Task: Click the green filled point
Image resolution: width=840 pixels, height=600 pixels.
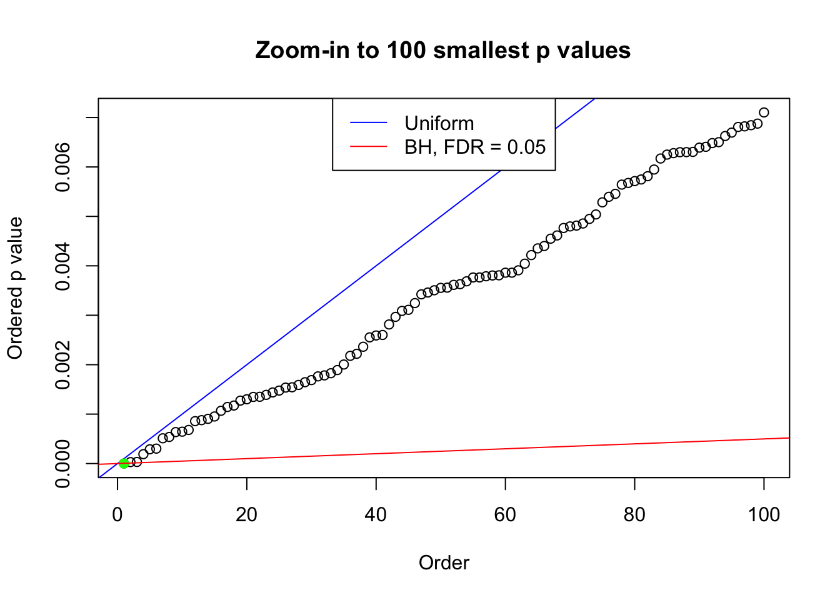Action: [124, 463]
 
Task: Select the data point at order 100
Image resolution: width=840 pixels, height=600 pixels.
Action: [764, 112]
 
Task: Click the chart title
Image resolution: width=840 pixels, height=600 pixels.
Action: [443, 50]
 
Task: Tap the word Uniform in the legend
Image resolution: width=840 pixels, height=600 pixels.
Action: [439, 123]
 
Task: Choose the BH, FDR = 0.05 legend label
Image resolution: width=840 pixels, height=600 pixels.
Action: [475, 147]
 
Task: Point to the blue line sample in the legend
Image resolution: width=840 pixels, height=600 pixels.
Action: [369, 123]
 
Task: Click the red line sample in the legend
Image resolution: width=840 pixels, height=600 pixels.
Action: [369, 147]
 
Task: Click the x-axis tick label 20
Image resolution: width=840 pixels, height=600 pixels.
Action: [247, 514]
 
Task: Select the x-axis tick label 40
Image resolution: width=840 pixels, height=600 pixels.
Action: [376, 514]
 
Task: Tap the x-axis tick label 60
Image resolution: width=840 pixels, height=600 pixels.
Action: [505, 514]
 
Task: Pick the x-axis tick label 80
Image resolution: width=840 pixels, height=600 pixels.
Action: [634, 514]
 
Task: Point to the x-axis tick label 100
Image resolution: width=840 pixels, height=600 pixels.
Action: [764, 514]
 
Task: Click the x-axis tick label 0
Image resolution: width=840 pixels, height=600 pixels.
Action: [117, 514]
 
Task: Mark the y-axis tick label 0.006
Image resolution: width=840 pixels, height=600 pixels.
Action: [63, 167]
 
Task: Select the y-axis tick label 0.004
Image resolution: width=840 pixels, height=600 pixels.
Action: [63, 266]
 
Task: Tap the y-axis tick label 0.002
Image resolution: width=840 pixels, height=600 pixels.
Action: [63, 364]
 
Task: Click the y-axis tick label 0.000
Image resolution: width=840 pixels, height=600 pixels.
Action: [63, 463]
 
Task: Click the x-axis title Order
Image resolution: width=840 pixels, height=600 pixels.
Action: [444, 562]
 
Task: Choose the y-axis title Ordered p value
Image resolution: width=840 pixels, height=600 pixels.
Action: [15, 288]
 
